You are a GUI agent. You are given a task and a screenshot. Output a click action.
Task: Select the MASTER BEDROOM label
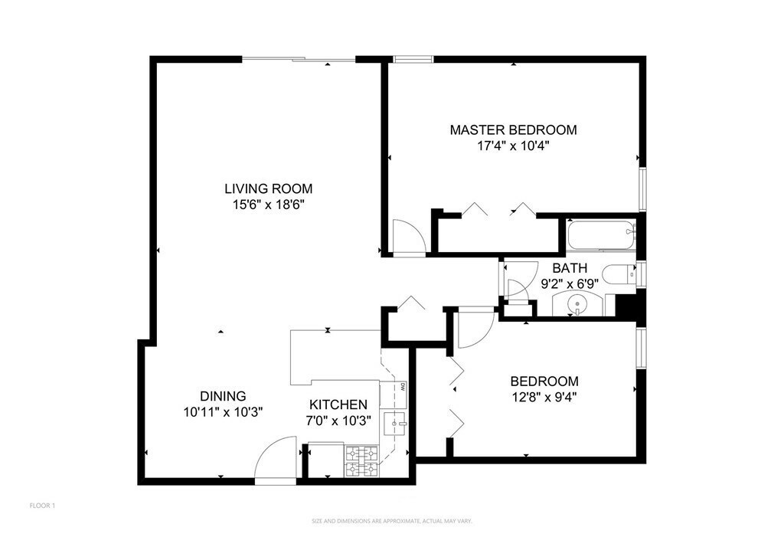pos(513,130)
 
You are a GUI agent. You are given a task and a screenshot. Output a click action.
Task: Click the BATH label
pos(570,268)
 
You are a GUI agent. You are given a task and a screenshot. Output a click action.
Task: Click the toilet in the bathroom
pos(619,274)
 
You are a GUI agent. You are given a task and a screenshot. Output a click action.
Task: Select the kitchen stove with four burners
pos(362,463)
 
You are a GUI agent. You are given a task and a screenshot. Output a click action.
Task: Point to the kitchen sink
pos(397,422)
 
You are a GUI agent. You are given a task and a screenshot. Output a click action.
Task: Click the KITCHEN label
pos(338,404)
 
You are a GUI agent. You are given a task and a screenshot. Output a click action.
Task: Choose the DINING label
pos(223,396)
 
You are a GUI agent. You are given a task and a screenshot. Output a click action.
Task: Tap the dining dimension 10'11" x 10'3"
pos(223,411)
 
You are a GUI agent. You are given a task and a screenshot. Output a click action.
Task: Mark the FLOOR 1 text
pos(42,506)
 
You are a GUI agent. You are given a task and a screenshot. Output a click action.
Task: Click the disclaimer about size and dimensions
pos(391,521)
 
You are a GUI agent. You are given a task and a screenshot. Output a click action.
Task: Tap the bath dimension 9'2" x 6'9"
pos(570,283)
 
